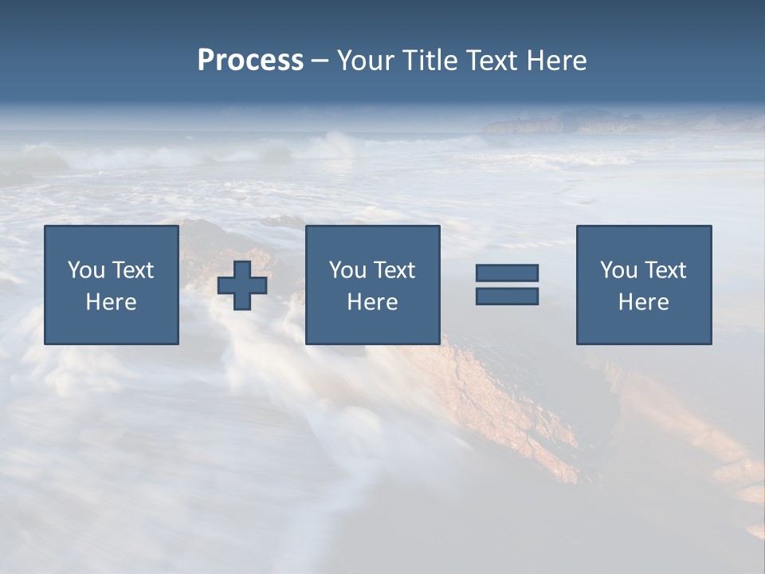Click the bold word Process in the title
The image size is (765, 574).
[250, 61]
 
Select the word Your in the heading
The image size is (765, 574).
[366, 61]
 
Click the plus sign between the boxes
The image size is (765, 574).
[242, 285]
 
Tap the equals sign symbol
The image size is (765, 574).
[507, 285]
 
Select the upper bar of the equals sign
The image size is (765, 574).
[507, 273]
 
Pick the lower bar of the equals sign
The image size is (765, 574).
[507, 296]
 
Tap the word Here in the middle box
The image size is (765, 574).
[373, 302]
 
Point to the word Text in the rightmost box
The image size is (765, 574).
[665, 270]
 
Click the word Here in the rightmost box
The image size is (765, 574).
[644, 302]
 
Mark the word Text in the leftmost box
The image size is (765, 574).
[133, 270]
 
